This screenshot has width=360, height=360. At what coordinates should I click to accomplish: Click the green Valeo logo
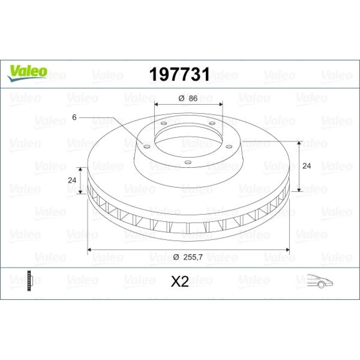(27, 73)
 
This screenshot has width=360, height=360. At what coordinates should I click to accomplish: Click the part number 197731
(180, 74)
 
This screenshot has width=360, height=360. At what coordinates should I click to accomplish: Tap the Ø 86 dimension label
(188, 98)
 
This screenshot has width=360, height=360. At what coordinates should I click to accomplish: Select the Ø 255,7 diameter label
(188, 257)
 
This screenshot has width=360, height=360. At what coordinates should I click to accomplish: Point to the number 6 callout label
(74, 117)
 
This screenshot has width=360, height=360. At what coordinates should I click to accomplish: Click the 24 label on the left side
(72, 180)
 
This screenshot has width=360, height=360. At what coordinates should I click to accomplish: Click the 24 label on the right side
(306, 166)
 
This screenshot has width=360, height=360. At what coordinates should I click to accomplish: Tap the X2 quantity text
(180, 282)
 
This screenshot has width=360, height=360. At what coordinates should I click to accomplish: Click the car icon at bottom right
(320, 280)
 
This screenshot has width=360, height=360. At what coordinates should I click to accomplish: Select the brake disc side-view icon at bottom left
(30, 281)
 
